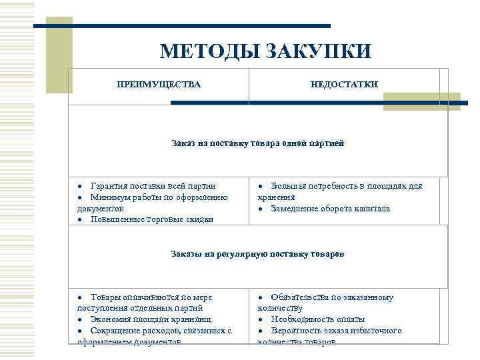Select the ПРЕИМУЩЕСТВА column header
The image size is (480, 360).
click(x=158, y=84)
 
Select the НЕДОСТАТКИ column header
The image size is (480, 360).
click(x=344, y=84)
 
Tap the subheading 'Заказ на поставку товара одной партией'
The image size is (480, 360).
click(x=257, y=143)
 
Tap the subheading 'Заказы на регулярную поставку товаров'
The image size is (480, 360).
click(x=257, y=254)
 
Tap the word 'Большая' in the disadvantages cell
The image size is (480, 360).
click(x=289, y=186)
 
